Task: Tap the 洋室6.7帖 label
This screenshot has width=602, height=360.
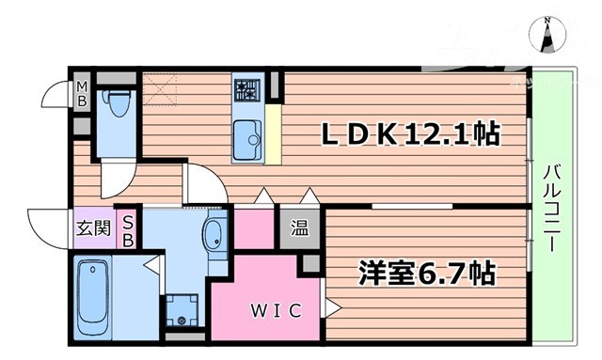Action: (426, 274)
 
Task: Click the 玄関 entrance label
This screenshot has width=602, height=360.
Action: (93, 228)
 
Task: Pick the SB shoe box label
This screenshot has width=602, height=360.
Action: (129, 228)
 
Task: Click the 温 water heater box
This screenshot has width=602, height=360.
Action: (299, 228)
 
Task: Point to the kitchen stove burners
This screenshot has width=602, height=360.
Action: (246, 91)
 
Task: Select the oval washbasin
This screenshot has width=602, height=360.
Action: (214, 232)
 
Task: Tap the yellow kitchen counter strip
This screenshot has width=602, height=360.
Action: (273, 133)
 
